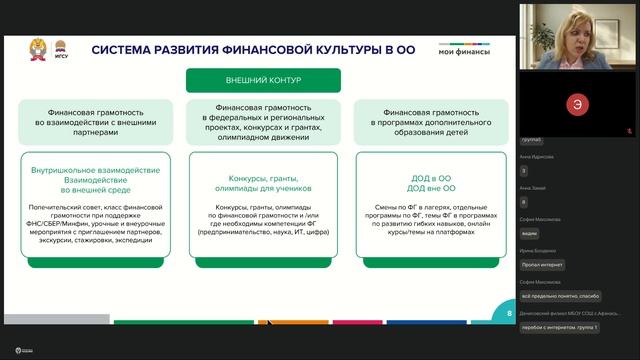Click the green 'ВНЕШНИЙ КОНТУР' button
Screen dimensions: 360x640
[x=263, y=81]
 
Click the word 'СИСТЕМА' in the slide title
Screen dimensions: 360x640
[x=124, y=50]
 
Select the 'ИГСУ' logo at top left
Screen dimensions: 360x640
[x=60, y=49]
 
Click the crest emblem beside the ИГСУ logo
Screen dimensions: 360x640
[x=37, y=48]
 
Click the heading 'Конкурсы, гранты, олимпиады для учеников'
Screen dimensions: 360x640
[x=263, y=186]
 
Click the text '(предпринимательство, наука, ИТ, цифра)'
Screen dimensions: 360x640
[x=263, y=237]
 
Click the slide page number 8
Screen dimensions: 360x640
[x=509, y=313]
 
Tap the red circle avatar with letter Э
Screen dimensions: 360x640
[x=575, y=104]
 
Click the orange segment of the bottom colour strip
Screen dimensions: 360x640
[x=279, y=322]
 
